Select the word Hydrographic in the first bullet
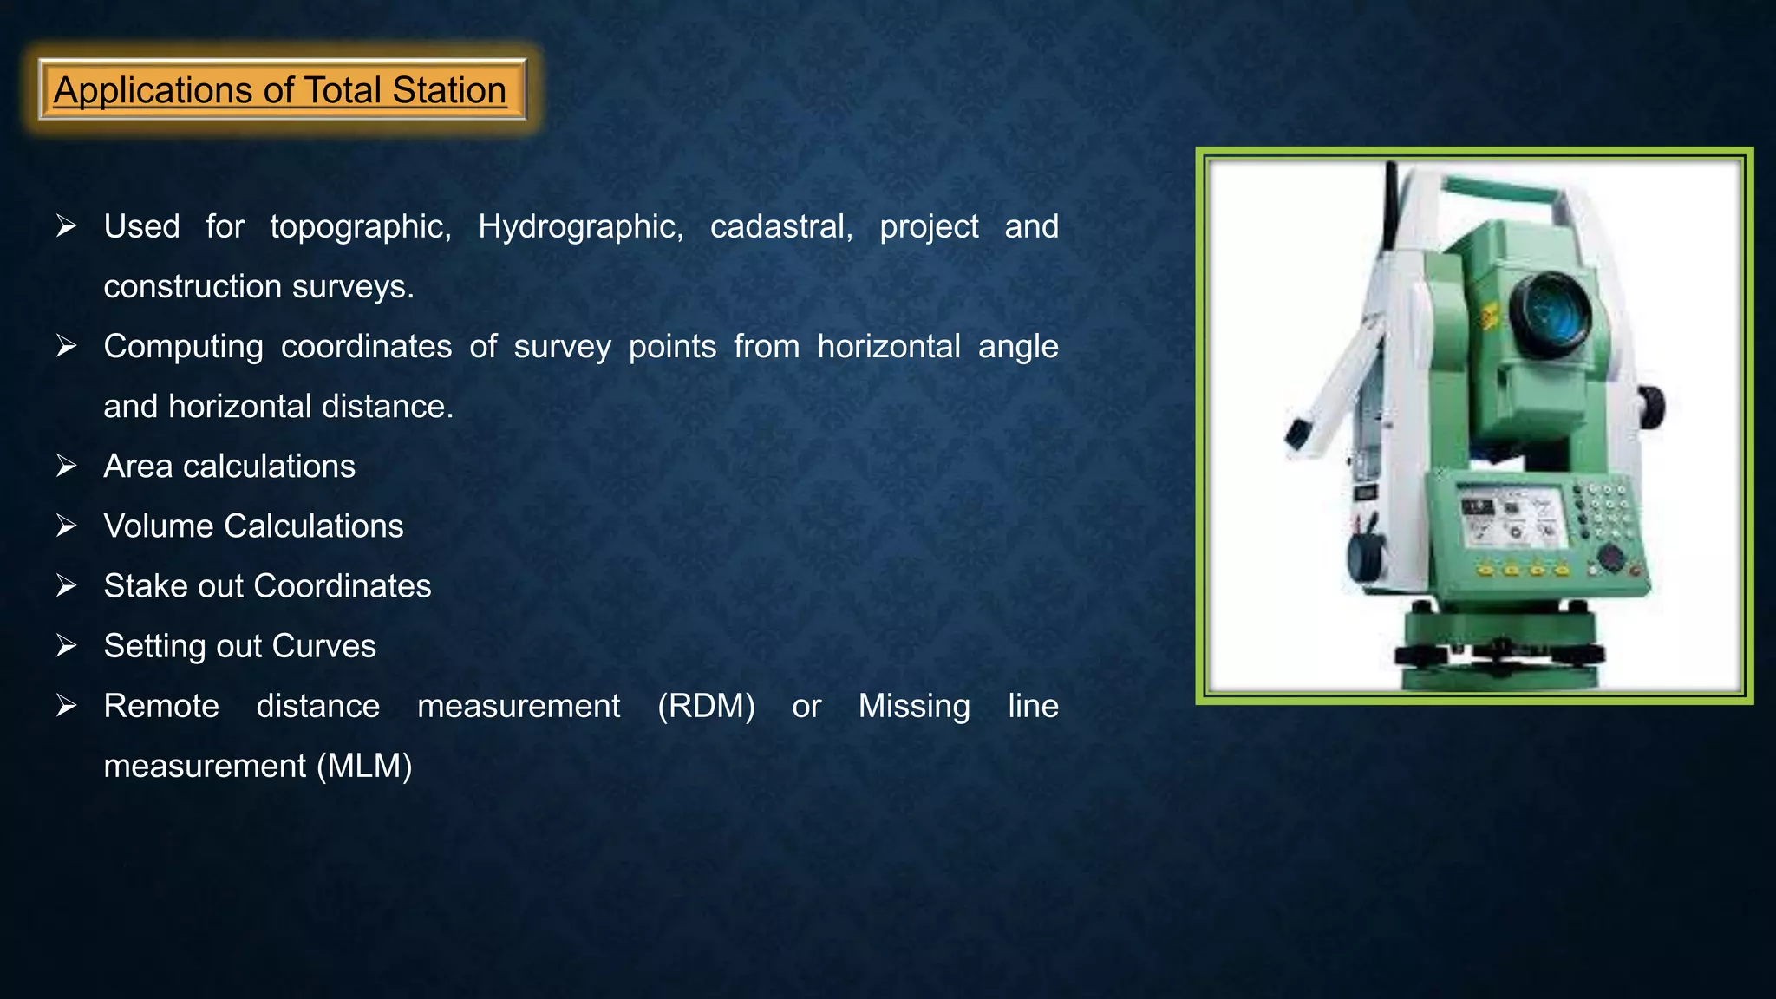pos(580,227)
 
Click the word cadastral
pos(780,227)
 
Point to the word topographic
pos(360,227)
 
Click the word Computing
pos(183,347)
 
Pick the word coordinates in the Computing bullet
pos(366,347)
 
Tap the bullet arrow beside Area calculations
pos(67,467)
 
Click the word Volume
pos(158,526)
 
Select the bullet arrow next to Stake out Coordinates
pos(67,586)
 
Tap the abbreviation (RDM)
pos(706,706)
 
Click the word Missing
pos(914,706)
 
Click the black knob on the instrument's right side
pos(1651,408)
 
